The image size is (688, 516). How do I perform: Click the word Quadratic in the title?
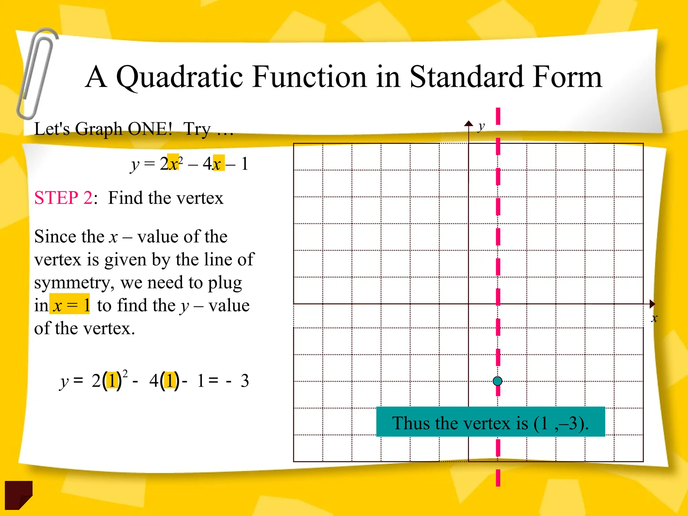(179, 77)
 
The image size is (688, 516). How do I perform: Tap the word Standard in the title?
(467, 77)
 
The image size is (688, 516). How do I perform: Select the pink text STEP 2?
(63, 198)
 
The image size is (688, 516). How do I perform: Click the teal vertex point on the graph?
(498, 381)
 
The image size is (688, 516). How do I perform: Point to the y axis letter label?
(481, 127)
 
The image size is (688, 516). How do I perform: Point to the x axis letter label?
(654, 318)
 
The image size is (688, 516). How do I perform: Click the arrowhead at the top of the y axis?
(469, 123)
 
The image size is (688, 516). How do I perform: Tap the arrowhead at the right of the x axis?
(652, 304)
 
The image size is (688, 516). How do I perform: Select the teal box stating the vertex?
(490, 422)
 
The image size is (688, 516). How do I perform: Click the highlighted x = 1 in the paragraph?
(70, 305)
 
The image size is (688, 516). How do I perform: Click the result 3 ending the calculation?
(245, 381)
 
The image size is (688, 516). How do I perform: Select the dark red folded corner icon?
(18, 494)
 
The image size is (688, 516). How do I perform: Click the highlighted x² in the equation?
(174, 163)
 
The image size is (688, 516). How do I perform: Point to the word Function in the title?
(309, 77)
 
